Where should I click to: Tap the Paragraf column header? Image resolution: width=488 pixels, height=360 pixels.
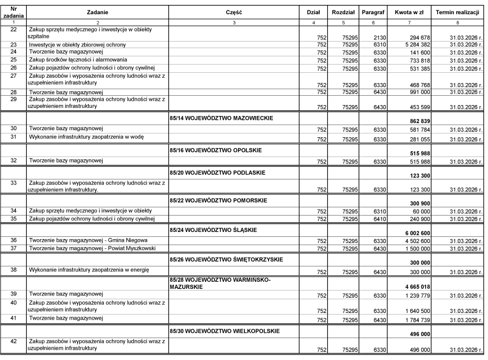tap(373, 11)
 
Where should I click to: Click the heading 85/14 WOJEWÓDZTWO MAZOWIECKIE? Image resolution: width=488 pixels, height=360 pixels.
tap(222, 118)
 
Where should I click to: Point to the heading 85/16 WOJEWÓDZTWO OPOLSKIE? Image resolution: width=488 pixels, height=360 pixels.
tap(216, 149)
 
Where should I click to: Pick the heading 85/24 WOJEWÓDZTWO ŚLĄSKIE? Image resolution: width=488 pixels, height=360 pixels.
tap(213, 229)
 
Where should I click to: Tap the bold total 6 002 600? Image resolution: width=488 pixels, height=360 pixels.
tap(416, 233)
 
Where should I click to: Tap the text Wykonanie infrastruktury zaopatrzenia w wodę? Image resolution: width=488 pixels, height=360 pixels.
tap(86, 137)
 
